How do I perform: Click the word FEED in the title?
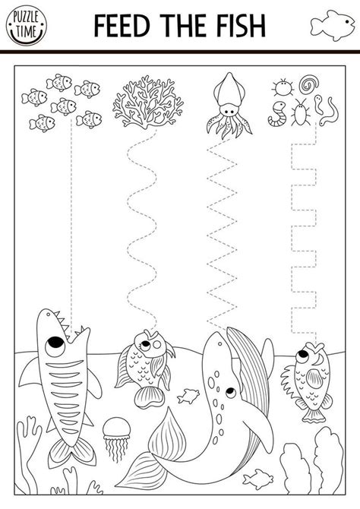[122, 24]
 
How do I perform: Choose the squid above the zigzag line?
[229, 106]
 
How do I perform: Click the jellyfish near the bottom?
[115, 431]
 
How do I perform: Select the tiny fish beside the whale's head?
[188, 395]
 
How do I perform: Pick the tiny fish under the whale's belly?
[261, 476]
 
